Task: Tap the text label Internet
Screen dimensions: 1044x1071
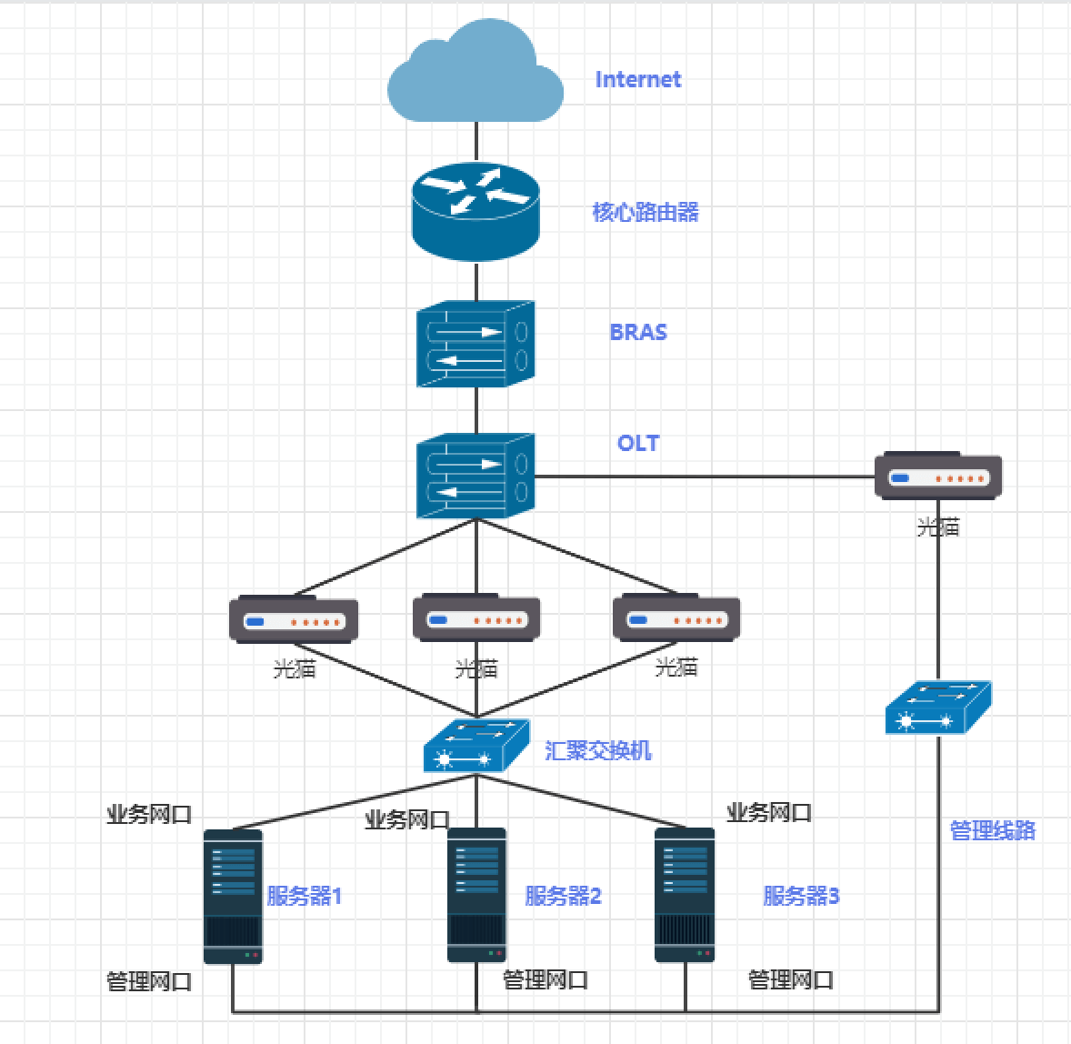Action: tap(637, 80)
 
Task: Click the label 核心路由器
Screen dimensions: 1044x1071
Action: tap(646, 213)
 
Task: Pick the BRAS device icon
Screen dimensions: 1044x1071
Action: tap(475, 345)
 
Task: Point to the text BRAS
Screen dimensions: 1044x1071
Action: tap(638, 333)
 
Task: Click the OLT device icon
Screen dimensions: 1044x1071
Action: tap(475, 476)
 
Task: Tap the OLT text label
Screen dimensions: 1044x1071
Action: tap(637, 444)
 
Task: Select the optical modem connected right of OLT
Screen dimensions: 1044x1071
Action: tap(938, 476)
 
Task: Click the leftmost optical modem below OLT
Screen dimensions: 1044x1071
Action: tap(294, 619)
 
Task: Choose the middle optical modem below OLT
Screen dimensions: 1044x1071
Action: tap(476, 618)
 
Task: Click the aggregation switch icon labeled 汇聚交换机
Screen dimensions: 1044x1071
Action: tap(475, 747)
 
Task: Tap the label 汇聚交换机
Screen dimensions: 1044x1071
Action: tap(598, 751)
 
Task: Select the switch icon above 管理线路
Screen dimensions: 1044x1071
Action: tap(937, 708)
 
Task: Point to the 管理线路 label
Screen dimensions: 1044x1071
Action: tap(992, 830)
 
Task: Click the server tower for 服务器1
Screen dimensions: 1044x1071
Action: tap(233, 896)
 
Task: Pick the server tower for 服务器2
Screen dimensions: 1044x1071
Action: tap(476, 896)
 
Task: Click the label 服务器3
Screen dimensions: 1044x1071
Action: tap(801, 897)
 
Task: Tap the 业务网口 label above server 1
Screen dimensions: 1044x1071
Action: tap(149, 815)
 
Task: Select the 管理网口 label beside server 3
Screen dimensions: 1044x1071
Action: tap(790, 980)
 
